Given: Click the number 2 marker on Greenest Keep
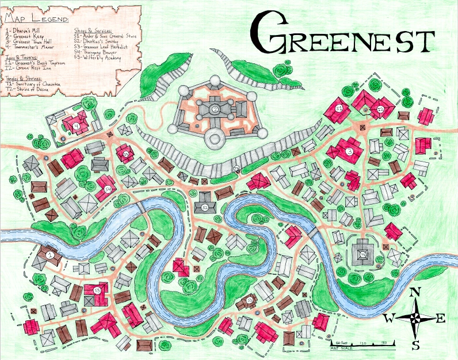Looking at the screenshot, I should coord(214,109).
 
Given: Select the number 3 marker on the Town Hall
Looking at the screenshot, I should coord(349,152).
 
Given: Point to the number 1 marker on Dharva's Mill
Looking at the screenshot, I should coord(49,254).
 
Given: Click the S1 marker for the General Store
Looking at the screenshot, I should coord(339,108).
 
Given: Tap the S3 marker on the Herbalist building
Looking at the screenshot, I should coord(250,300).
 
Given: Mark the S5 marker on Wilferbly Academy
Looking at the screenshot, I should coord(97,291).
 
